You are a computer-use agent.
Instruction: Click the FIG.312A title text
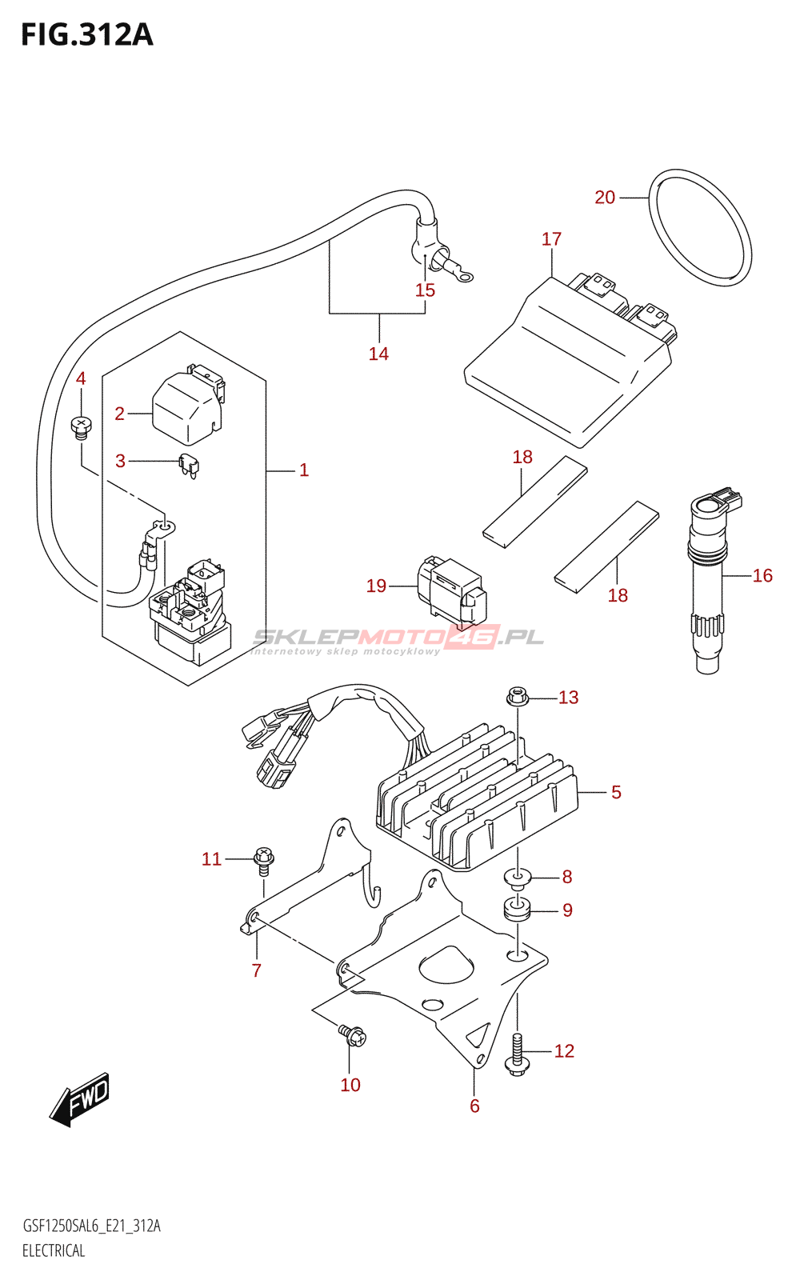[86, 35]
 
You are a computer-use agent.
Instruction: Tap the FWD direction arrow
[79, 1099]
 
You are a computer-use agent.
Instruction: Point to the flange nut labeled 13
[518, 697]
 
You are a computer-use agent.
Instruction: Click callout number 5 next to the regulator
[616, 792]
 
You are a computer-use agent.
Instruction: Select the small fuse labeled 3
[189, 465]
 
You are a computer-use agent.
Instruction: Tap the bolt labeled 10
[352, 1035]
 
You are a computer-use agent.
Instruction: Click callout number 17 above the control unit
[551, 239]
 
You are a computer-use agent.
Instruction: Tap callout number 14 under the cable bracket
[378, 354]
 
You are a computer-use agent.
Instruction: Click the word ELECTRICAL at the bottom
[54, 1250]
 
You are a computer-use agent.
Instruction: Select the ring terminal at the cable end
[462, 277]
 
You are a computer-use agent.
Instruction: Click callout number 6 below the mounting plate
[474, 1106]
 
